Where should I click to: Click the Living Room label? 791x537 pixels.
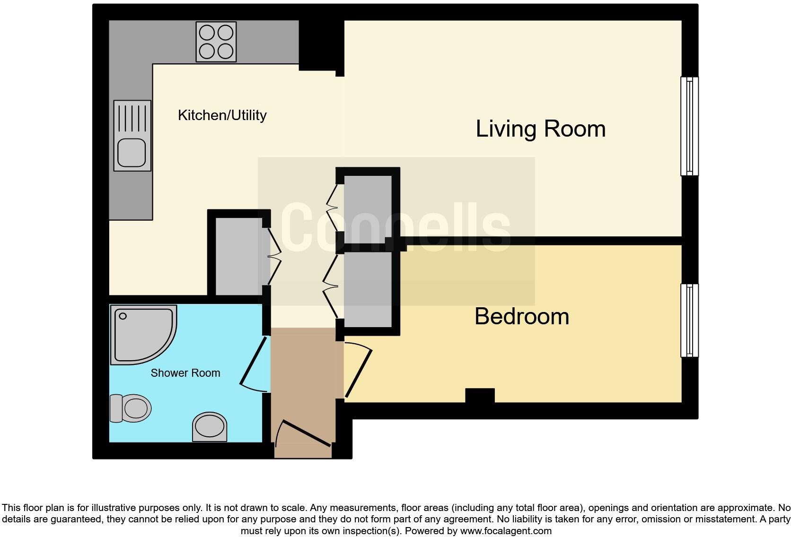pyautogui.click(x=540, y=129)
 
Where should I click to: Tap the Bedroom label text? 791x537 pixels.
pyautogui.click(x=521, y=316)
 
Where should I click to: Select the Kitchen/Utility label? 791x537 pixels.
pyautogui.click(x=222, y=115)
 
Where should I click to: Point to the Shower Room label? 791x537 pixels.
pyautogui.click(x=185, y=373)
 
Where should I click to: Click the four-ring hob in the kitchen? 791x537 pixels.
pyautogui.click(x=216, y=42)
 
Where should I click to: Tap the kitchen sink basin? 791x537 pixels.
pyautogui.click(x=132, y=152)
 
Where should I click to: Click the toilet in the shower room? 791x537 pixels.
pyautogui.click(x=131, y=408)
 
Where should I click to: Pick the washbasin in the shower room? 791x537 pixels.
pyautogui.click(x=209, y=426)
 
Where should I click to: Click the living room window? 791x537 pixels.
pyautogui.click(x=689, y=126)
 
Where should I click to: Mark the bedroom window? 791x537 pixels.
pyautogui.click(x=689, y=320)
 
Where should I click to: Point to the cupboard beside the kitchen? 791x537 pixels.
pyautogui.click(x=238, y=256)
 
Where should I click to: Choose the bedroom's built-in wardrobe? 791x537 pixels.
pyautogui.click(x=368, y=289)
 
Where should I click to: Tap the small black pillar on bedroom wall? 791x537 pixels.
pyautogui.click(x=480, y=395)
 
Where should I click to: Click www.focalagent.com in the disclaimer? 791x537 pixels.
pyautogui.click(x=506, y=531)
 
